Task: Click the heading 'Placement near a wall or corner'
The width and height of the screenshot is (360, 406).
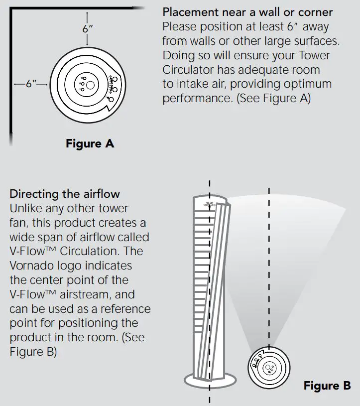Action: [x=247, y=12]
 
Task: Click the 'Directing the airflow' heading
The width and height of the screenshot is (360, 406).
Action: [x=65, y=193]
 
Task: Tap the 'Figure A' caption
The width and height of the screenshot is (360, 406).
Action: [x=90, y=144]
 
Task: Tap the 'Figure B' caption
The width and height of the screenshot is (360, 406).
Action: [x=327, y=386]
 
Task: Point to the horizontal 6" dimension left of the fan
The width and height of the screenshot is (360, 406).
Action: [x=32, y=84]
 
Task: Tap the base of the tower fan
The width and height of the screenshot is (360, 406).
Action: [x=210, y=381]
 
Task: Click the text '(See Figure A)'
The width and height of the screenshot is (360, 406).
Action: [x=273, y=98]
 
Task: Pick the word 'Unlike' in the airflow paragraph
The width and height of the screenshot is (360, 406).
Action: [x=26, y=208]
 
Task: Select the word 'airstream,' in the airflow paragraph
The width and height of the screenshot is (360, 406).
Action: [x=82, y=294]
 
